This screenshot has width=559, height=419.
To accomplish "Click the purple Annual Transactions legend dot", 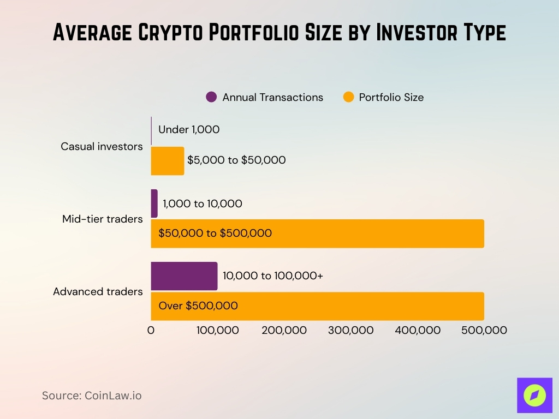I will pos(211,97).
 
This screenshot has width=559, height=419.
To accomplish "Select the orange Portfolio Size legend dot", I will pos(348,97).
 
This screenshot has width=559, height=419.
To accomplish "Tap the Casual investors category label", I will pos(102,146).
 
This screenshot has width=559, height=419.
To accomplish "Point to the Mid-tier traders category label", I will pos(103,219).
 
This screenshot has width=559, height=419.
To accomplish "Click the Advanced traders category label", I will pos(98,291).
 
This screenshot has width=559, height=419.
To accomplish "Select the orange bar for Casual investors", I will pos(167,160).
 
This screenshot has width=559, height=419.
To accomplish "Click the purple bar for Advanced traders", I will pos(184,276).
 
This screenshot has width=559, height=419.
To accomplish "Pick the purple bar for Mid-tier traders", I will pos(154,203).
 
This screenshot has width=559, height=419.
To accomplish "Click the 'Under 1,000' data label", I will pos(189,130).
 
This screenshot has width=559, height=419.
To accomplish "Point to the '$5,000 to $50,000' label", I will pos(236,160).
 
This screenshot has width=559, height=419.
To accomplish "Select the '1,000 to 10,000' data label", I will pos(203,203).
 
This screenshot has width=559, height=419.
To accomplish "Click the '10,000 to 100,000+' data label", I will pos(272,276).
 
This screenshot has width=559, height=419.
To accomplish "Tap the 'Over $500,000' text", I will pos(198,306).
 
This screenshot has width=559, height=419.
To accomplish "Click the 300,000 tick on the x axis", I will pos(351,330).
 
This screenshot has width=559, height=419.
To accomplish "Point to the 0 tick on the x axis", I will pos(151,330).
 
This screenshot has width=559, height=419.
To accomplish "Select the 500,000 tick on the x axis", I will pos(484,330).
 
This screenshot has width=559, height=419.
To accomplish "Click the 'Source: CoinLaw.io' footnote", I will pos(92,396).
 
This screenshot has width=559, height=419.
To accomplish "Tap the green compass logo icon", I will pos(534,395).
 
